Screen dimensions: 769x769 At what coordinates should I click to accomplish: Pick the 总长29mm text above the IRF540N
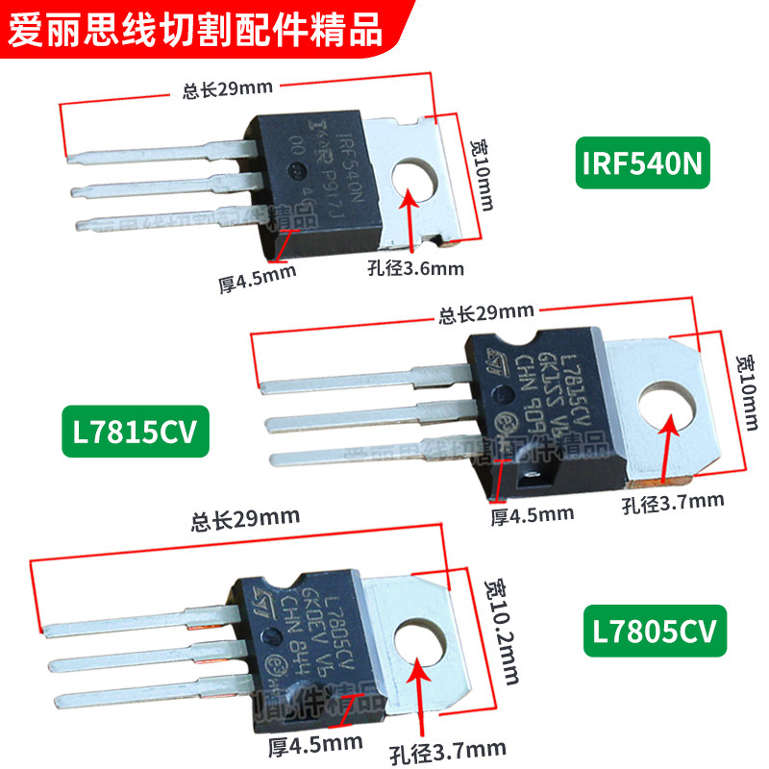click(x=228, y=89)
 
